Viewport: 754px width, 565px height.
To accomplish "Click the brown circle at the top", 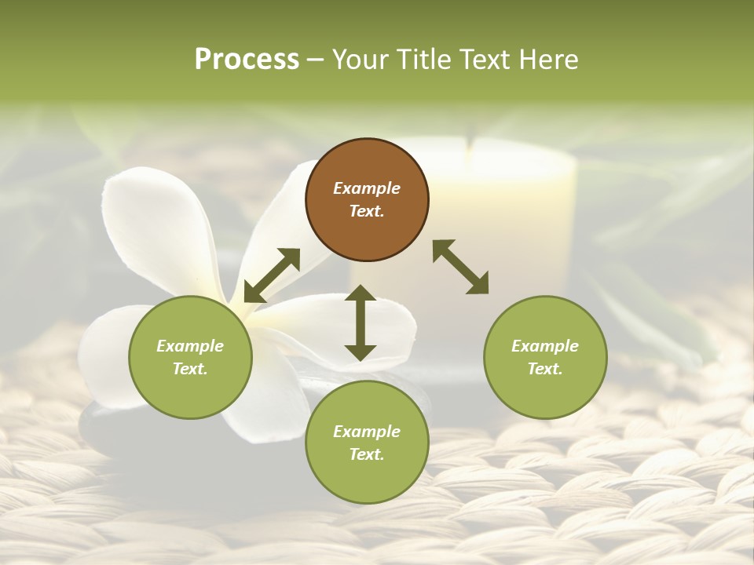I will pyautogui.click(x=367, y=200).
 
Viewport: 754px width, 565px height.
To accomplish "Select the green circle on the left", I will pyautogui.click(x=190, y=357).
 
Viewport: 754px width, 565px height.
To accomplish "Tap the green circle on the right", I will pyautogui.click(x=545, y=357).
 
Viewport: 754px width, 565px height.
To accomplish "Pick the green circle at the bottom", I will pyautogui.click(x=367, y=443).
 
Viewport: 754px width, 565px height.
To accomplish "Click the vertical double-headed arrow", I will pyautogui.click(x=361, y=323).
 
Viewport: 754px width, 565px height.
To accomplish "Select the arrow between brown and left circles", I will pyautogui.click(x=272, y=275).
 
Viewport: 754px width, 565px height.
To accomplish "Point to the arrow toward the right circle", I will pyautogui.click(x=461, y=267).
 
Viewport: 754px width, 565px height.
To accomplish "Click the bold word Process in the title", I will pyautogui.click(x=247, y=59).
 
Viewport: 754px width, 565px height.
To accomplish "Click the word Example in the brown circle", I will pyautogui.click(x=367, y=188).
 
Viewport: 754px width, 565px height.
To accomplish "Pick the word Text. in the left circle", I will pyautogui.click(x=190, y=369).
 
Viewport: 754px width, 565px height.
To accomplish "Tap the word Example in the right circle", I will pyautogui.click(x=545, y=346).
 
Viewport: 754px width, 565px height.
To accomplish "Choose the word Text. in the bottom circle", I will pyautogui.click(x=367, y=454).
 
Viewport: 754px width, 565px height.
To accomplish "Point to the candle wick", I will pyautogui.click(x=469, y=145).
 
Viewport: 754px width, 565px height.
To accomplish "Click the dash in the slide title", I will pyautogui.click(x=316, y=59).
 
